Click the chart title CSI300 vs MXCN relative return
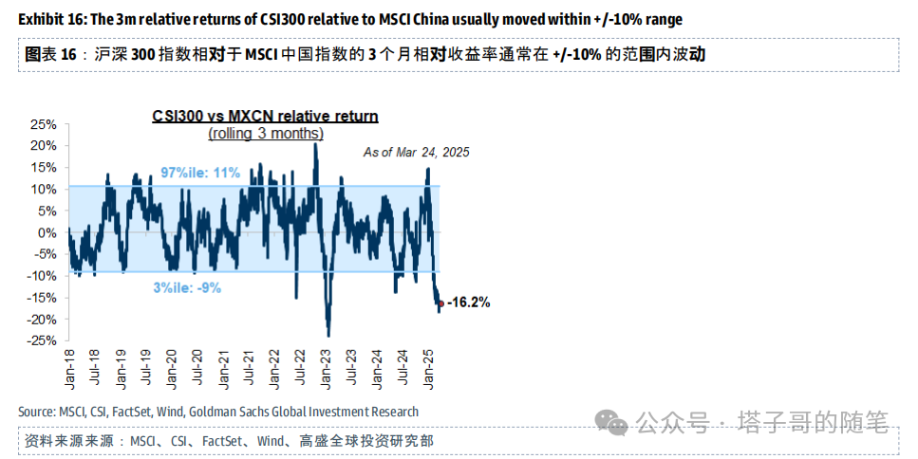coord(266,116)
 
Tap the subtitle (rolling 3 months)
coord(266,134)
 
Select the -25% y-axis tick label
coord(42,340)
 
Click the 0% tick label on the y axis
coord(47,232)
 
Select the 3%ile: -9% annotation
coord(187,286)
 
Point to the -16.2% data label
coord(468,303)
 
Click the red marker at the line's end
coord(440,303)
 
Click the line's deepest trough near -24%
coord(328,334)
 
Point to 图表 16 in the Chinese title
coord(49,54)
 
